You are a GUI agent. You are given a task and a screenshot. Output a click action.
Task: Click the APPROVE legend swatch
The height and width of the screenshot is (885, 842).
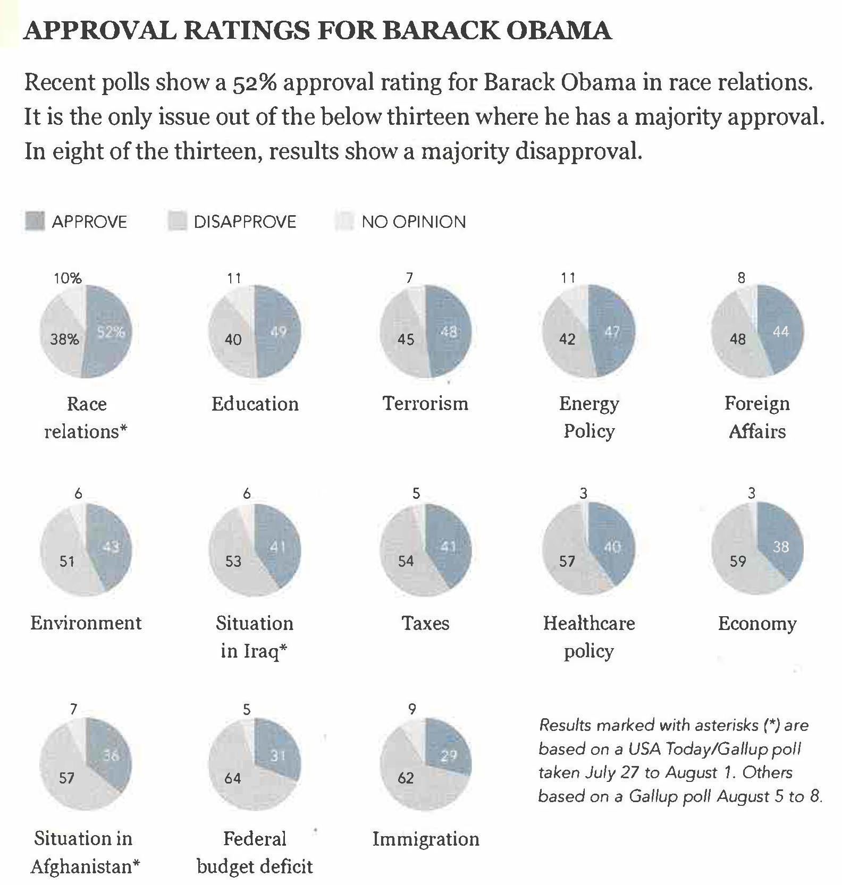35,222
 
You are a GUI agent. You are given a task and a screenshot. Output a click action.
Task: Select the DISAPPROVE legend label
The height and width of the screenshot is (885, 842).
245,222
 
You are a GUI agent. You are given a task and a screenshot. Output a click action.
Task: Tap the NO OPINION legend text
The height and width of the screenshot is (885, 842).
414,222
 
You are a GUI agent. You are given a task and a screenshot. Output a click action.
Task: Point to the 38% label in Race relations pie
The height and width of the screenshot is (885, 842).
64,339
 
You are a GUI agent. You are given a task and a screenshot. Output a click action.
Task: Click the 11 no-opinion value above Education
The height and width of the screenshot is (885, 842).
234,278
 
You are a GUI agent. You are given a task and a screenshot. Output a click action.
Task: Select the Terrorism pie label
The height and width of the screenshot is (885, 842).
425,404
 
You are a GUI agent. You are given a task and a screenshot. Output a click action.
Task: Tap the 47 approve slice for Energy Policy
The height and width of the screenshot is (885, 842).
612,333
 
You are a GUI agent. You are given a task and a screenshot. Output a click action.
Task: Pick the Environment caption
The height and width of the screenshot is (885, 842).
86,623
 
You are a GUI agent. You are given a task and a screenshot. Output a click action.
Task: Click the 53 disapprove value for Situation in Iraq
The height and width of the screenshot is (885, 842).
233,561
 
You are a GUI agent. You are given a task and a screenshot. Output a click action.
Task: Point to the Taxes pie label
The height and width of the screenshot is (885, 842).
425,623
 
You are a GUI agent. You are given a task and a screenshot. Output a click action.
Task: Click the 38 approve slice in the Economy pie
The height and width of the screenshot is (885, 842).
780,547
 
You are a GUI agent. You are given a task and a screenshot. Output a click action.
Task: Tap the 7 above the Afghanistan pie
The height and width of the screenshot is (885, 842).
73,709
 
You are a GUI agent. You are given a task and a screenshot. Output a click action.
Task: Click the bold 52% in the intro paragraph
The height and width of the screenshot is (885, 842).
254,83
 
